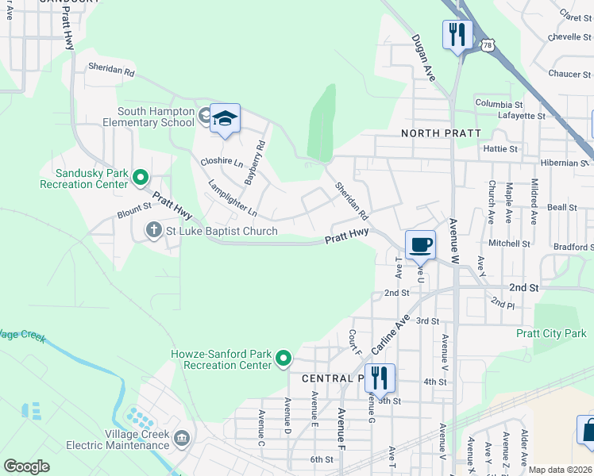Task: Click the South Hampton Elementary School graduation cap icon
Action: pyautogui.click(x=225, y=118)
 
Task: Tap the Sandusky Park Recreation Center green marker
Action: pyautogui.click(x=141, y=177)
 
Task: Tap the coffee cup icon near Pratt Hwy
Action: pyautogui.click(x=420, y=244)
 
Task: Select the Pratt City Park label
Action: pyautogui.click(x=551, y=333)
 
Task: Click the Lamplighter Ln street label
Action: pyautogui.click(x=233, y=199)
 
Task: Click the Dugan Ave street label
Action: pyautogui.click(x=423, y=57)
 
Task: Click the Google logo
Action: pyautogui.click(x=26, y=466)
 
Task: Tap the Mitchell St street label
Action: pyautogui.click(x=509, y=244)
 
